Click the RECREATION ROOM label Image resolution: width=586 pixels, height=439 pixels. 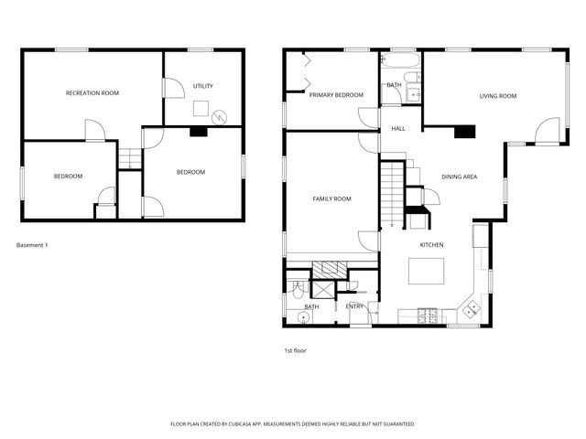(x=92, y=93)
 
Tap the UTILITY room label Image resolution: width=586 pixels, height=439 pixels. (x=202, y=86)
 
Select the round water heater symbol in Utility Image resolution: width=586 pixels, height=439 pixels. (x=219, y=117)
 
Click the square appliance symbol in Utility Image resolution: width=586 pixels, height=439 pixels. (x=198, y=106)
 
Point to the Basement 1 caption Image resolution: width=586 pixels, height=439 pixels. (x=32, y=245)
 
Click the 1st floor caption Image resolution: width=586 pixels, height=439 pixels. (x=296, y=349)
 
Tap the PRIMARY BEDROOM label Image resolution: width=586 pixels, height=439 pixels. (x=336, y=94)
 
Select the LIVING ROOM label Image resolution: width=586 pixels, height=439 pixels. (x=498, y=95)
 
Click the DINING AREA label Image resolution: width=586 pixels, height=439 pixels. (x=459, y=177)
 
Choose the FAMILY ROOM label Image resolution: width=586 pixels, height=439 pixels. (x=331, y=198)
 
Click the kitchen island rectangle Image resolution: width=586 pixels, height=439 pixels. (x=426, y=272)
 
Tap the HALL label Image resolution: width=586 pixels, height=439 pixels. (x=398, y=128)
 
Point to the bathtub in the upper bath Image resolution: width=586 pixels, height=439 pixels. (x=401, y=62)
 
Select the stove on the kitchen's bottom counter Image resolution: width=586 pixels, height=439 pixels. (x=427, y=316)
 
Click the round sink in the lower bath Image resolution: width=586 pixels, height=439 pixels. (x=302, y=317)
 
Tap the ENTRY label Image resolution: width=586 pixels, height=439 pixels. (x=354, y=306)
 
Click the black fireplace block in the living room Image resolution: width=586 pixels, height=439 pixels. (x=465, y=130)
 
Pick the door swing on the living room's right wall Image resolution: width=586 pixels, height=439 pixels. (x=547, y=131)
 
